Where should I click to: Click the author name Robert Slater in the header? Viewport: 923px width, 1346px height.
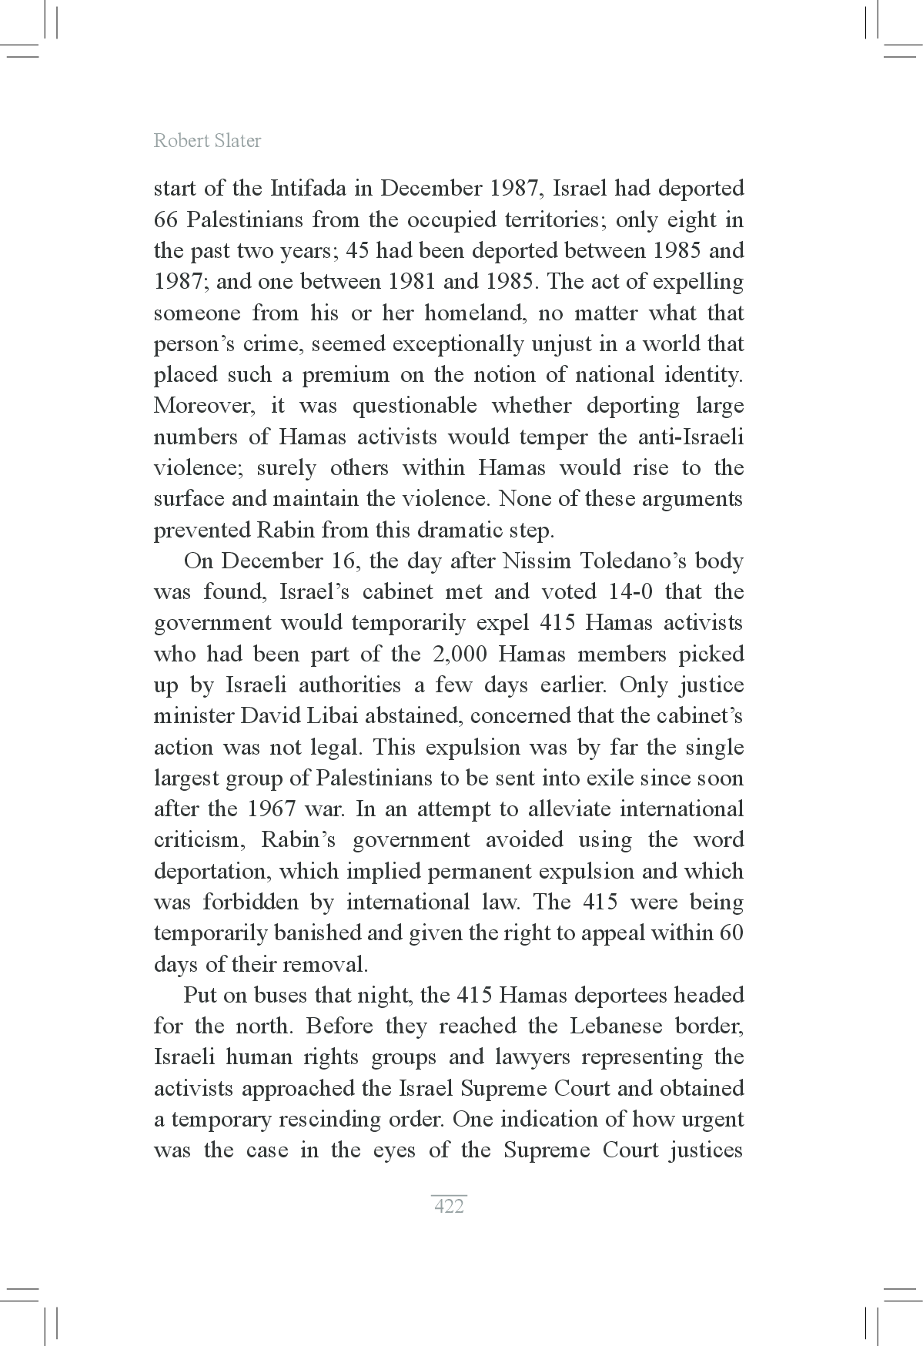pyautogui.click(x=207, y=141)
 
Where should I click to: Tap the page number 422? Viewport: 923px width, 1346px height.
pyautogui.click(x=449, y=1206)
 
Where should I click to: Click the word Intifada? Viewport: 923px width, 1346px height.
pyautogui.click(x=313, y=189)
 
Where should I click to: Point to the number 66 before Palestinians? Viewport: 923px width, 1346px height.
pyautogui.click(x=166, y=220)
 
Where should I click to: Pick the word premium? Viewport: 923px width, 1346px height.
pyautogui.click(x=346, y=375)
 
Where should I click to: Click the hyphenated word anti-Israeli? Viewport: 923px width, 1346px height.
pyautogui.click(x=691, y=437)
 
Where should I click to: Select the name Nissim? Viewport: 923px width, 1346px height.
pyautogui.click(x=536, y=561)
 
